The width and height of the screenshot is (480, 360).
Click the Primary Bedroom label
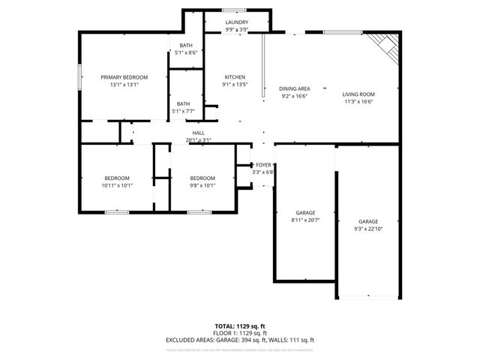coord(124,77)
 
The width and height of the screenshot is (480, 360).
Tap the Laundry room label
coord(237,22)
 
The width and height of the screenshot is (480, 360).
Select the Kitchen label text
coord(235,77)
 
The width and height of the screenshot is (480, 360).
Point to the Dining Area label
coord(295,88)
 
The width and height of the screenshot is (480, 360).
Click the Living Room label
coord(358,94)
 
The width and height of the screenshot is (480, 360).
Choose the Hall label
coord(199,133)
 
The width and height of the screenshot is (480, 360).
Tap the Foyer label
coord(263,164)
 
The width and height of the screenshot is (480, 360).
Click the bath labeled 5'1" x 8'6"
coord(185,49)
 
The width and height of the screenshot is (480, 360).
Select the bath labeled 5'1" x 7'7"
coord(184,107)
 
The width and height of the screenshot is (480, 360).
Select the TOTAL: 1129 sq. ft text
coord(240,326)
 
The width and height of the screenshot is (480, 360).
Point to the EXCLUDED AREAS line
coord(240,340)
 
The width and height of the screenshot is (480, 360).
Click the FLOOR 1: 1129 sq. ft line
coord(240,333)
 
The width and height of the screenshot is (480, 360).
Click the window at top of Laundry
coord(237,10)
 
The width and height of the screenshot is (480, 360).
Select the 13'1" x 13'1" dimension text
coord(124,85)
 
